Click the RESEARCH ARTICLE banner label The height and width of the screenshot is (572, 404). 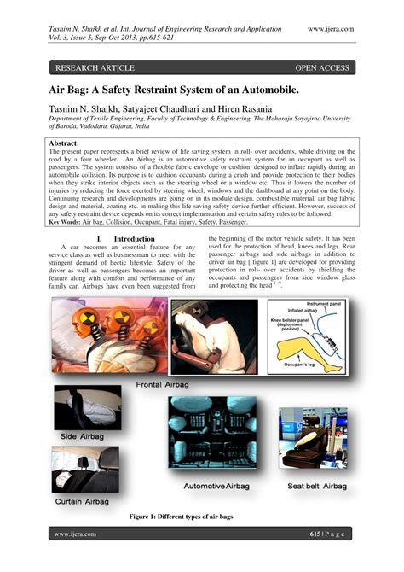(95, 67)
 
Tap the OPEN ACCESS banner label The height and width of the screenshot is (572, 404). (323, 67)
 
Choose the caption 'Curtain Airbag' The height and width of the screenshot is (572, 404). (85, 502)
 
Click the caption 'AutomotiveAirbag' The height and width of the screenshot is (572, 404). (220, 486)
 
